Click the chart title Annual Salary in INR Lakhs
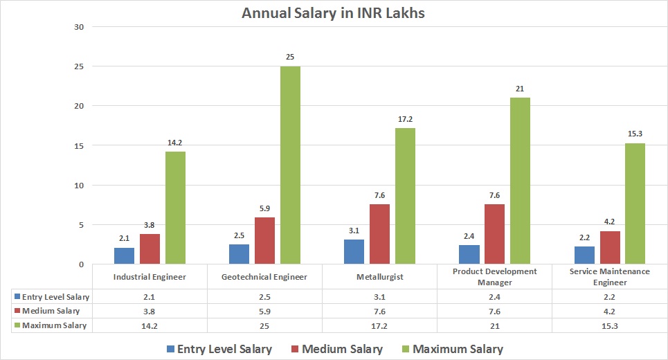click(x=333, y=13)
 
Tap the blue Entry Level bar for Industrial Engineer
click(x=125, y=255)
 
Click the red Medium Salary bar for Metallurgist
click(x=379, y=234)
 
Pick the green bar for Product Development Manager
click(x=520, y=181)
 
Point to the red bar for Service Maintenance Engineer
click(x=610, y=247)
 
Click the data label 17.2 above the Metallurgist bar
click(x=405, y=119)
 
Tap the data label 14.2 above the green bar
click(x=175, y=143)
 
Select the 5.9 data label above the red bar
click(x=264, y=208)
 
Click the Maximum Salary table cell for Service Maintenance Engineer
click(x=609, y=325)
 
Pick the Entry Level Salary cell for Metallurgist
click(x=379, y=297)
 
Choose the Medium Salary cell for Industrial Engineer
click(x=150, y=311)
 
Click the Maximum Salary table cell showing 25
click(x=264, y=325)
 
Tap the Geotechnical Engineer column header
click(x=264, y=277)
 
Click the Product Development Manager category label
click(x=494, y=277)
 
